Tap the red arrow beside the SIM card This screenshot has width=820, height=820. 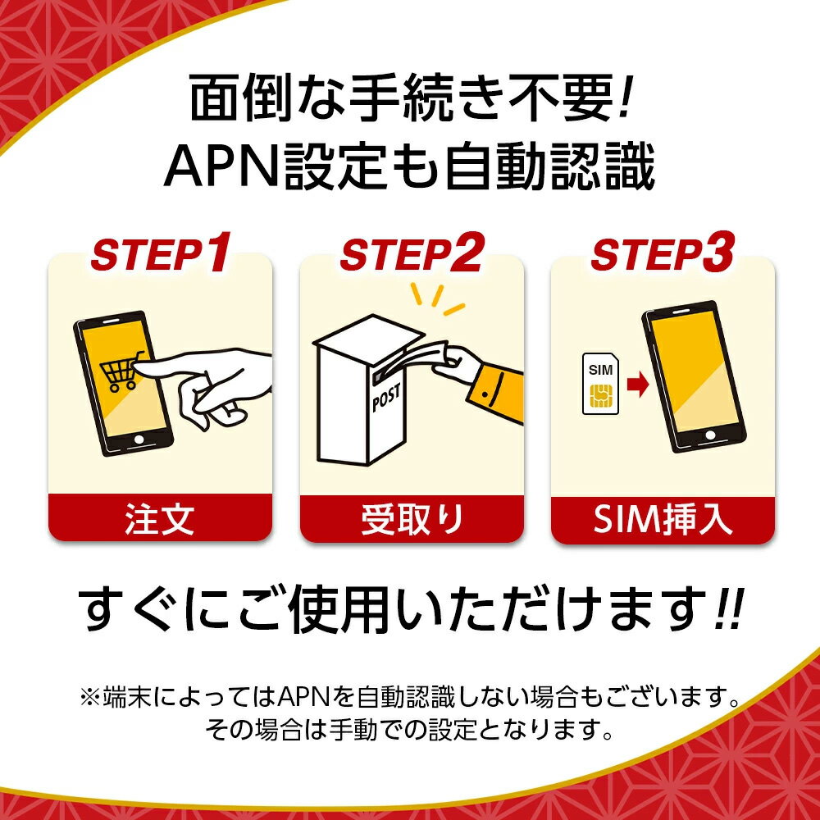pyautogui.click(x=635, y=385)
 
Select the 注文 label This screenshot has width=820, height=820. pyautogui.click(x=160, y=520)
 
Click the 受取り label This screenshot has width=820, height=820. pyautogui.click(x=412, y=520)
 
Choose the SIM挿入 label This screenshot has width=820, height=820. pyautogui.click(x=663, y=520)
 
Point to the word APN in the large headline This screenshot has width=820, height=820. pyautogui.click(x=216, y=167)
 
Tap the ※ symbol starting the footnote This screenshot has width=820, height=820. pyautogui.click(x=89, y=699)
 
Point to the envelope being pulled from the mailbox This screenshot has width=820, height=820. pyautogui.click(x=414, y=354)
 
